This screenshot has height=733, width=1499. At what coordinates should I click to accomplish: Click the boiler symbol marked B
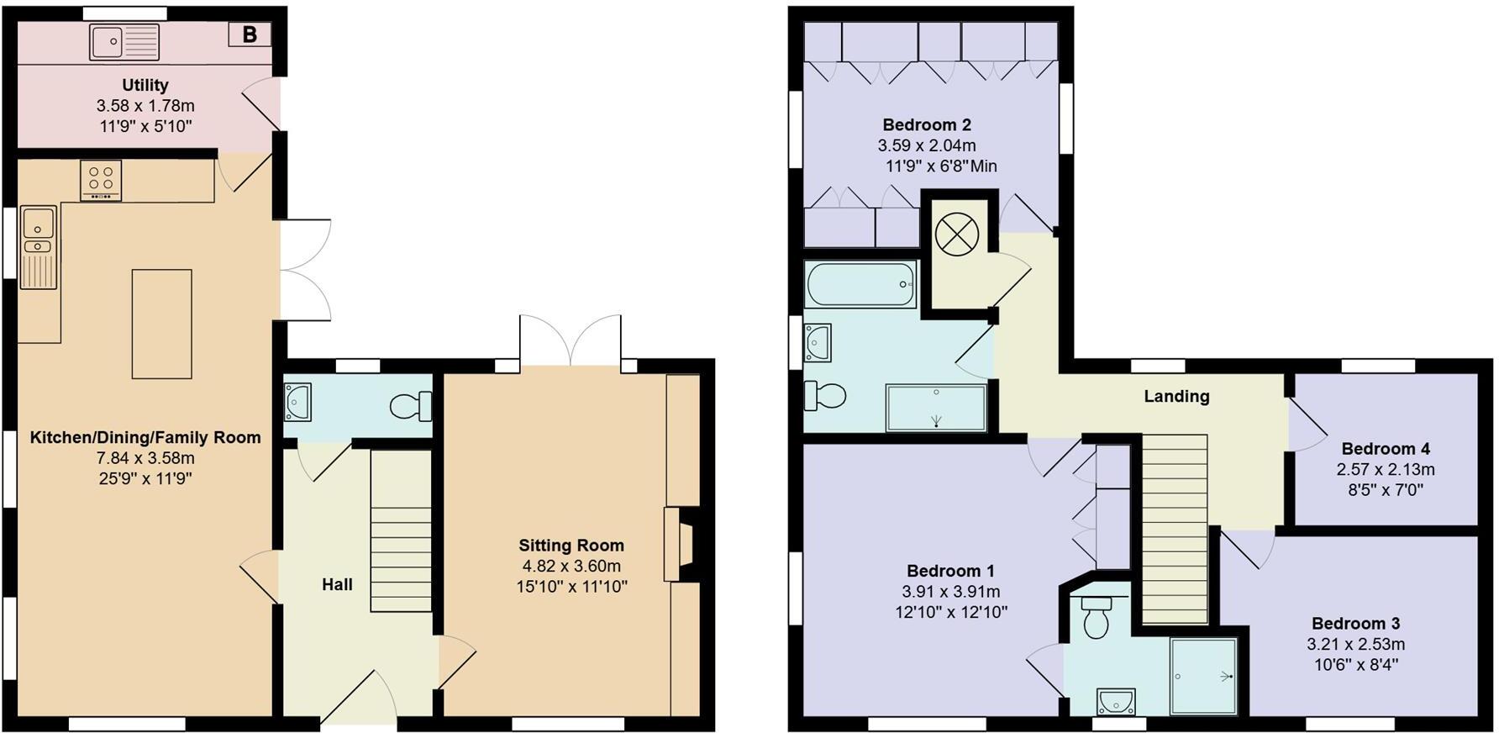[x=250, y=34]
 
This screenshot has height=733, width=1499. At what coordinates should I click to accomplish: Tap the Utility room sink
[x=124, y=42]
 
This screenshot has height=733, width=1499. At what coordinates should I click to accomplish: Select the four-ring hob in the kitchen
[x=101, y=180]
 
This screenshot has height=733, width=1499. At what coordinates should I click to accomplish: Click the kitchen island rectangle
[x=161, y=324]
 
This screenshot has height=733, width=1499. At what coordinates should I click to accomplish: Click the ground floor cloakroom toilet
[x=411, y=407]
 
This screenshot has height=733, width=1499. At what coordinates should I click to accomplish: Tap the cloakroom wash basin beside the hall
[x=297, y=401]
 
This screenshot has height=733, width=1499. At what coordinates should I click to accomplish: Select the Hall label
[x=337, y=584]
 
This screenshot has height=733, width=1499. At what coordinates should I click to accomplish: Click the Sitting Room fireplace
[x=679, y=544]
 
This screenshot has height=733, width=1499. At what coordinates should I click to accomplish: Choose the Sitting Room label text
[x=571, y=546]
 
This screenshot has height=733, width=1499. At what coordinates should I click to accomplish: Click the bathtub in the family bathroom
[x=860, y=284]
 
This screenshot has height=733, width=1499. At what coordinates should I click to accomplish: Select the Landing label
[x=1176, y=397]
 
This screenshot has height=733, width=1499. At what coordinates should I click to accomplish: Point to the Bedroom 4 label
[x=1385, y=449]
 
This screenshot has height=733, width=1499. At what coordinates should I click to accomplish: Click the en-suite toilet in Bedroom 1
[x=1097, y=618]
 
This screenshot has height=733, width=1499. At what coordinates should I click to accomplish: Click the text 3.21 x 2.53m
[x=1355, y=645]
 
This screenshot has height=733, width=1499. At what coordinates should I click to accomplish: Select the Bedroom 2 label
[x=926, y=125]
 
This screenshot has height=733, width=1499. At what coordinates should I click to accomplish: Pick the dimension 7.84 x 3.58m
[x=145, y=458]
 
